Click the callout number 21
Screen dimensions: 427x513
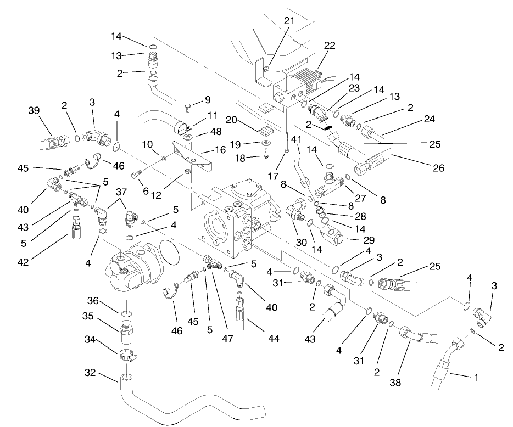(x=289, y=20)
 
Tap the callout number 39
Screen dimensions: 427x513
(x=34, y=110)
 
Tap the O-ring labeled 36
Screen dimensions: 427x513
(x=126, y=314)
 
